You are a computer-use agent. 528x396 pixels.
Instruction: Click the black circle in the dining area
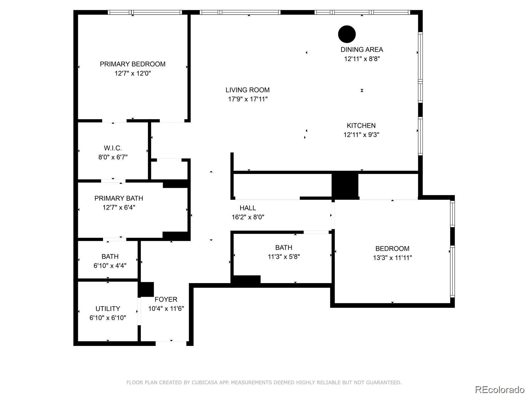coord(347,34)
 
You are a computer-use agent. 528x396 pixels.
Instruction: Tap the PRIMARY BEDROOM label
coord(133,64)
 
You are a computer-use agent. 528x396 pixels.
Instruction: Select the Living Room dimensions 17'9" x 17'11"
coord(247,99)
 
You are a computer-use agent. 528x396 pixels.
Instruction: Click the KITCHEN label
coord(361,125)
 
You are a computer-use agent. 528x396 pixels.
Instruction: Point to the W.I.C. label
coord(113,148)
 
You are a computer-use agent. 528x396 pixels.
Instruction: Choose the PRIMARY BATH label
coord(118,198)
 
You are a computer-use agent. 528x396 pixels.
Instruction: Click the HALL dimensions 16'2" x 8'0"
coord(248,217)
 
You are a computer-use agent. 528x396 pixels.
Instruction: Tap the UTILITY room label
coord(108,309)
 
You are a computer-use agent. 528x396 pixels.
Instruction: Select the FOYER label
coord(166,299)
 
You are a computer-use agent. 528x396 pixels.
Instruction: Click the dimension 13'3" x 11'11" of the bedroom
coord(392,258)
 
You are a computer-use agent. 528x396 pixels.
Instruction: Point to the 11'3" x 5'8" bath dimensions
coord(283,256)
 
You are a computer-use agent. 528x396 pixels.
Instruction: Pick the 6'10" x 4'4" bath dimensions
coord(110,265)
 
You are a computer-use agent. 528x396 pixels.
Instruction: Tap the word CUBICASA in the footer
coord(205,382)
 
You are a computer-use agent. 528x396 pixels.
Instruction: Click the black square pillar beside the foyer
coord(146,289)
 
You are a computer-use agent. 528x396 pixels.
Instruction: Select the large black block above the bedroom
coord(345,185)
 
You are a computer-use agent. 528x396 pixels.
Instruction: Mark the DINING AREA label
coord(362,49)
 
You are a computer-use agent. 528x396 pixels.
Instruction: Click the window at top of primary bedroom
coord(145,13)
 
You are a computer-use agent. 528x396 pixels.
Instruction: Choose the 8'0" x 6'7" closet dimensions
coord(113,157)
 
